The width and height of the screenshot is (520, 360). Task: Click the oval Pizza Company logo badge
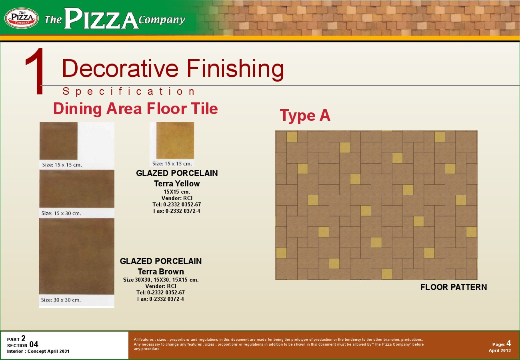click(x=22, y=18)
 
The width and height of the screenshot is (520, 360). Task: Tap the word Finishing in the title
click(x=235, y=69)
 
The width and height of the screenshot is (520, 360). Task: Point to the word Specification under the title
click(x=129, y=91)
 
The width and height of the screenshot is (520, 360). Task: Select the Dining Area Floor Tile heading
click(x=136, y=108)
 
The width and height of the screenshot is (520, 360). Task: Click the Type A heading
click(x=305, y=115)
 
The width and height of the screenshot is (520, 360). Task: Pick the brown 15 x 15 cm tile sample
click(x=58, y=141)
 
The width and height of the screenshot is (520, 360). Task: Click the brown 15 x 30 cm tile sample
click(x=77, y=189)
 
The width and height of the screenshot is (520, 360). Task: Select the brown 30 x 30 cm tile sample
click(x=77, y=256)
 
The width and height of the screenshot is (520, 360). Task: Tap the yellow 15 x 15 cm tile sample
click(x=175, y=140)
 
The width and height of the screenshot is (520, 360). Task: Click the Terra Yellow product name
click(x=177, y=184)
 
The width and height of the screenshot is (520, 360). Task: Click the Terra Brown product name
click(x=161, y=272)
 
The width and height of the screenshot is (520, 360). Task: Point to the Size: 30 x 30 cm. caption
click(x=61, y=300)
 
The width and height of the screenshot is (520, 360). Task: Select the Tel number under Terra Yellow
click(x=177, y=204)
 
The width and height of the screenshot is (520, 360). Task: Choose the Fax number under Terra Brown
click(x=160, y=299)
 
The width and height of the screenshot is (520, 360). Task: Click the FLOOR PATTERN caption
click(x=454, y=287)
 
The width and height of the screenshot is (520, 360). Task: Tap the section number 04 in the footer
click(x=34, y=344)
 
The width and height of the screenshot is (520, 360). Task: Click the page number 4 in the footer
click(x=508, y=343)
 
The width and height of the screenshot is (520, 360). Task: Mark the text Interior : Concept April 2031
click(x=38, y=351)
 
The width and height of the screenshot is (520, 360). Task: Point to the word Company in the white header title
click(x=162, y=20)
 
